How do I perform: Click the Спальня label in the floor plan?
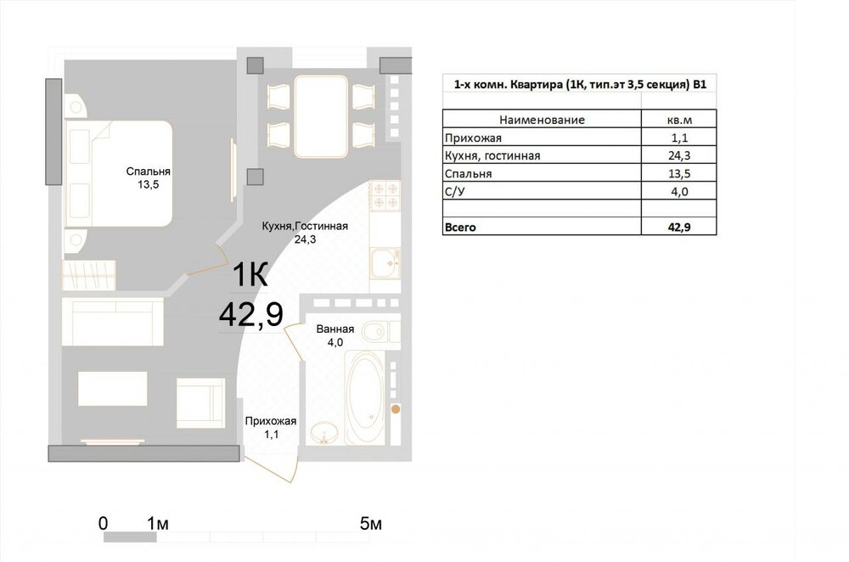click(148, 171)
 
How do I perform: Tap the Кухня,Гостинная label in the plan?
click(305, 227)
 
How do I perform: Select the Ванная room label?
click(335, 329)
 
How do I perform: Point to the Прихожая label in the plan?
click(271, 421)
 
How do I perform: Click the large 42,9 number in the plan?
click(251, 314)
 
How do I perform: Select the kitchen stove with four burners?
click(385, 195)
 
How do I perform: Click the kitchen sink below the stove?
click(385, 262)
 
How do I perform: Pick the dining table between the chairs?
click(321, 116)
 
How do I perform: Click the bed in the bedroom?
click(118, 173)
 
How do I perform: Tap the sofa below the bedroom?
click(113, 321)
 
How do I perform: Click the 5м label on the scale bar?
click(371, 524)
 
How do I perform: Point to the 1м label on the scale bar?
click(158, 524)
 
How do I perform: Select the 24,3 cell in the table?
click(679, 156)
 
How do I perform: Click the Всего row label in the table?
click(460, 228)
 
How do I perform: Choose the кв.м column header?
click(679, 121)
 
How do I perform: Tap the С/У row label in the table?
click(455, 192)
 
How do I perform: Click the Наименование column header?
click(542, 121)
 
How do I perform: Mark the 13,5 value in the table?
click(679, 174)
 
